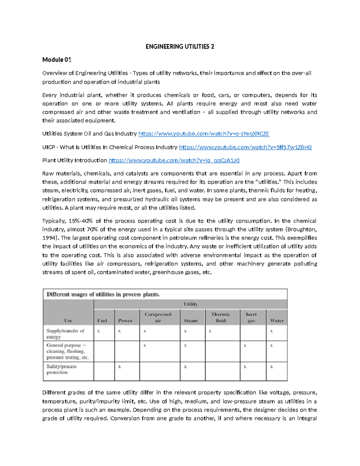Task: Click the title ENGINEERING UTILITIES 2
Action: pyautogui.click(x=180, y=47)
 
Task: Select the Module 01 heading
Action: pyautogui.click(x=57, y=60)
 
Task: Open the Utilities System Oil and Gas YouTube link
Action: pyautogui.click(x=204, y=134)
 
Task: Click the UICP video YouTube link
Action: pyautogui.click(x=245, y=147)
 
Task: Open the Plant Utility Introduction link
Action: pyautogui.click(x=174, y=161)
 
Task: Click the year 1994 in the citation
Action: pyautogui.click(x=49, y=238)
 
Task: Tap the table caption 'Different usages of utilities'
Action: pyautogui.click(x=103, y=294)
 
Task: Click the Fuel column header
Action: pyautogui.click(x=102, y=320)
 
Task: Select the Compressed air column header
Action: pyautogui.click(x=158, y=317)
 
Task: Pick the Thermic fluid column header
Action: pyautogui.click(x=220, y=317)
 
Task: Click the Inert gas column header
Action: pyautogui.click(x=251, y=317)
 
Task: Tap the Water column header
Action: pyautogui.click(x=277, y=320)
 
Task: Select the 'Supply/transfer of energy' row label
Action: pyautogui.click(x=65, y=334)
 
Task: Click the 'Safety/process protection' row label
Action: pyautogui.click(x=61, y=369)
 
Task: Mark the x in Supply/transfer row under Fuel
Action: pyautogui.click(x=98, y=331)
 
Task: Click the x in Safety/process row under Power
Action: pyautogui.click(x=119, y=367)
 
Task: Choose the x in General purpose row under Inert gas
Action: pyautogui.click(x=245, y=346)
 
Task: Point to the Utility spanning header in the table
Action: pyautogui.click(x=190, y=304)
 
